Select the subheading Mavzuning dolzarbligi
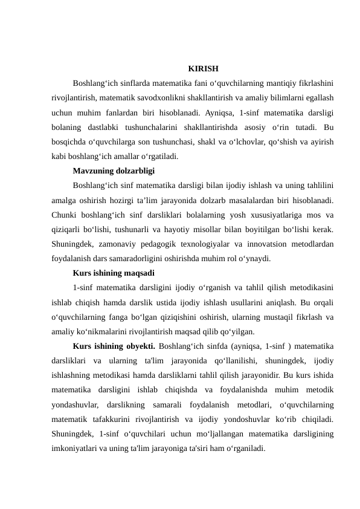(113, 171)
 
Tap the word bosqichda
(70, 142)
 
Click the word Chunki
(66, 215)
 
